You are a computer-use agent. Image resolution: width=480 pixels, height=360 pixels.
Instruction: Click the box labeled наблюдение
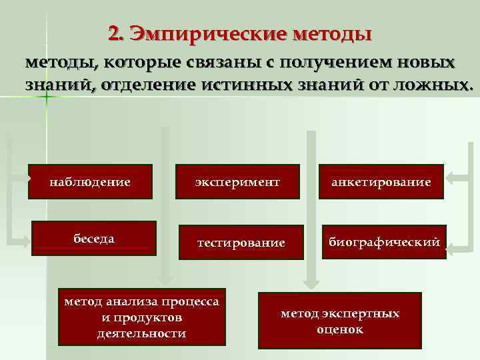(x=90, y=181)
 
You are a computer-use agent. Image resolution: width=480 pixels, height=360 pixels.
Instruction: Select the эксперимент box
(x=238, y=181)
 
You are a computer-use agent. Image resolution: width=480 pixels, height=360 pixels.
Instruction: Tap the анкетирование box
(x=381, y=181)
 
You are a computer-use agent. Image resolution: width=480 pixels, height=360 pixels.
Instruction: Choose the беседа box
(x=94, y=238)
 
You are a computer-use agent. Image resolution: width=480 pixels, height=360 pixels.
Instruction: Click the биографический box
(x=383, y=242)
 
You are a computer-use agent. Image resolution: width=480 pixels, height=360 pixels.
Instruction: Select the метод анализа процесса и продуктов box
(x=141, y=317)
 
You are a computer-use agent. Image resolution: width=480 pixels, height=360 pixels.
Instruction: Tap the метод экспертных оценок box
(x=340, y=321)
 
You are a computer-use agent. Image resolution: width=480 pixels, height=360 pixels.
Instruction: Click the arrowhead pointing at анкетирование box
(x=450, y=178)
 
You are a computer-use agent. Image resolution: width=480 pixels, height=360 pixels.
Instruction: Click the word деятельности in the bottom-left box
(x=141, y=333)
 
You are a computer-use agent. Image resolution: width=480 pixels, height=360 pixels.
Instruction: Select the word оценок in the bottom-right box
(x=340, y=329)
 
